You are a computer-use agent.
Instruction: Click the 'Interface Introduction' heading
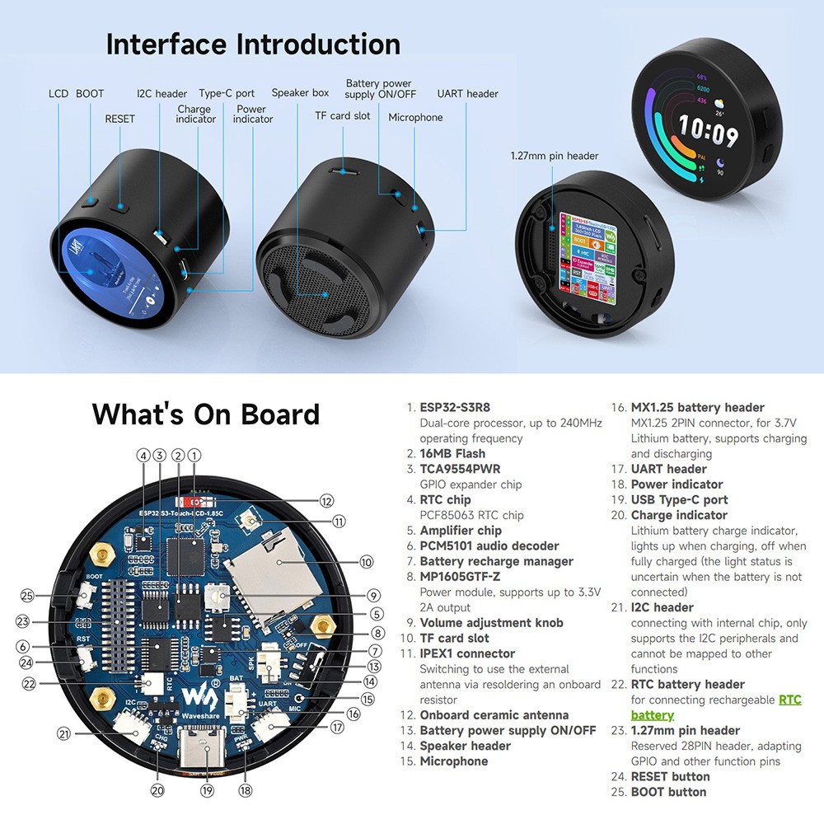(x=253, y=44)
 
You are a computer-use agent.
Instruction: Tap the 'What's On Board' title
(x=205, y=414)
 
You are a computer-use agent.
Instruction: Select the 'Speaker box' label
(x=300, y=93)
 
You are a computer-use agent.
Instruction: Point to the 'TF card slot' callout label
(x=343, y=116)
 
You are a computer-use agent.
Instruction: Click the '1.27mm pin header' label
(x=554, y=155)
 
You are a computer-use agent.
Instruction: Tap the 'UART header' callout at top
(x=467, y=94)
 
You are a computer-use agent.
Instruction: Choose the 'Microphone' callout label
(x=415, y=118)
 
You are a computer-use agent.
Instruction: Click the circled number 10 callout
(x=366, y=562)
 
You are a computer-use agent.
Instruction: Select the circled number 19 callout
(x=207, y=790)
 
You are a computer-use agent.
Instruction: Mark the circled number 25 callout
(x=28, y=596)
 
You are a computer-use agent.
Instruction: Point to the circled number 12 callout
(x=326, y=500)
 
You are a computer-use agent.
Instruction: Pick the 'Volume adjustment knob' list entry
(x=491, y=623)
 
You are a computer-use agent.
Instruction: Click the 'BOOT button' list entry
(x=668, y=792)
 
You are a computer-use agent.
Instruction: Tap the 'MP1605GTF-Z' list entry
(x=460, y=577)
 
